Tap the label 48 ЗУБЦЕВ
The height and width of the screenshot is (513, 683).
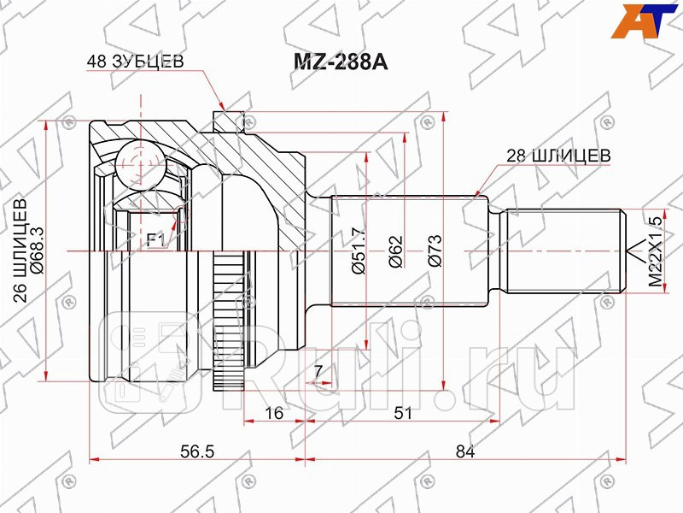click(x=135, y=62)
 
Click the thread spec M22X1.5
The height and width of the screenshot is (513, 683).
click(x=655, y=250)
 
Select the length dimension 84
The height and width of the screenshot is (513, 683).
click(x=465, y=452)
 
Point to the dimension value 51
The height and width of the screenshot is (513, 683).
click(x=403, y=413)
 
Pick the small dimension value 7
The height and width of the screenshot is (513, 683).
click(x=318, y=371)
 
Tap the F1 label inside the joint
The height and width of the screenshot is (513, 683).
click(x=155, y=240)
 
